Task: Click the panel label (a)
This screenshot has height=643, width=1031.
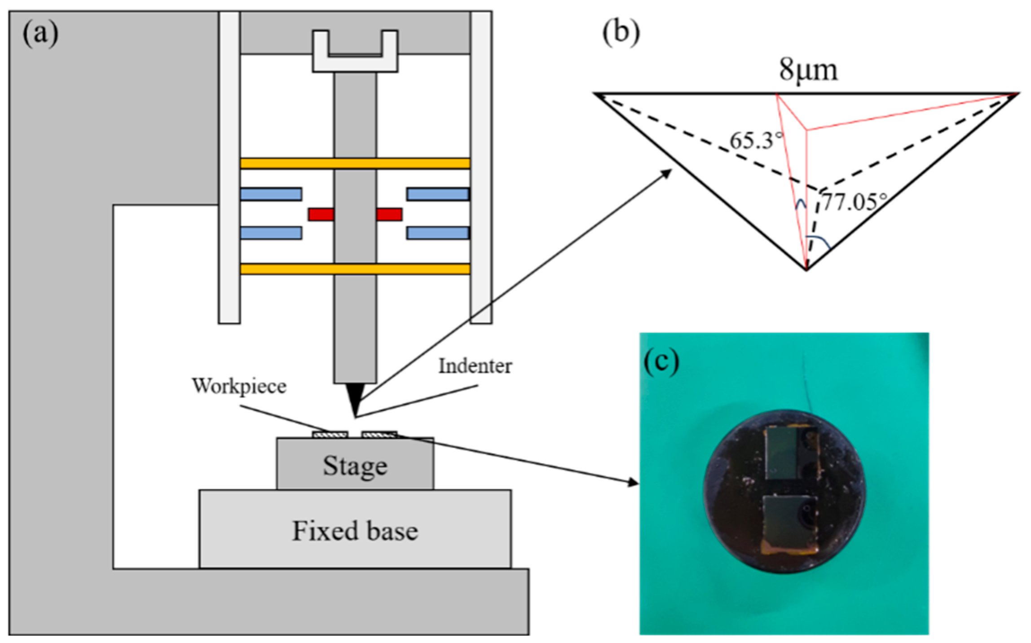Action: point(40,34)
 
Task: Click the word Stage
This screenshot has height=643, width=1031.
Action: point(355,466)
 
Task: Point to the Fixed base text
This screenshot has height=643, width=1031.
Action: point(355,531)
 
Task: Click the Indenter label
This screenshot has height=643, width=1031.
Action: point(475,366)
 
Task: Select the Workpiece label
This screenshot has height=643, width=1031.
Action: point(239,386)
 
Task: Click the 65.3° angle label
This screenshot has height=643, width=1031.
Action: point(756,141)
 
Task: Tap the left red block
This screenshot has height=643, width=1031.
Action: point(321,215)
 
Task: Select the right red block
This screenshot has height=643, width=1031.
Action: point(389,215)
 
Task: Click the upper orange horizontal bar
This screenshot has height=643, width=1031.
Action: point(355,163)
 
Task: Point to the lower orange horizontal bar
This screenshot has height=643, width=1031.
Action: point(355,269)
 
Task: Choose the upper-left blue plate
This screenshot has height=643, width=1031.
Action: point(271,194)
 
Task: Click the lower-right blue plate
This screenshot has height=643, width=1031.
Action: point(438,233)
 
